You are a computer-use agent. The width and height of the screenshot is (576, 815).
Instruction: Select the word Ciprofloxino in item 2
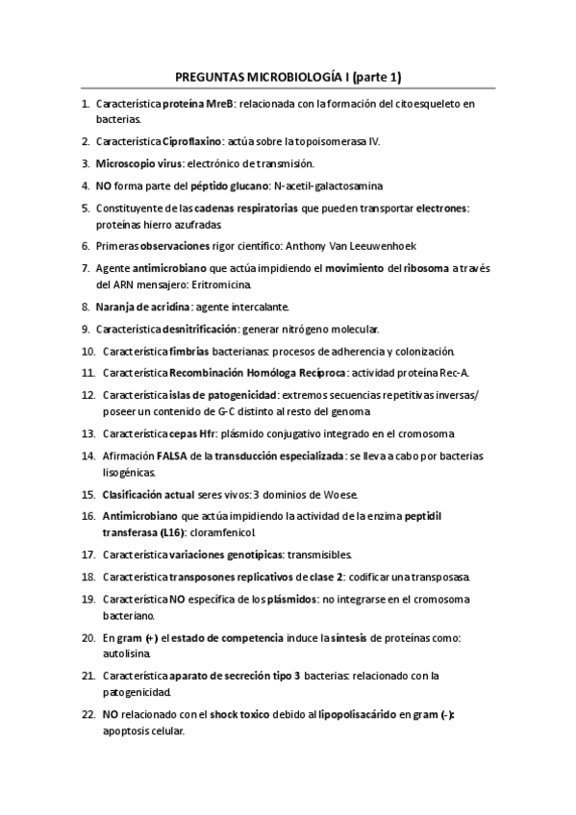tap(192, 141)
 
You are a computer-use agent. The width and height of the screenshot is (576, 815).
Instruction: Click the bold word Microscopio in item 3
tap(127, 163)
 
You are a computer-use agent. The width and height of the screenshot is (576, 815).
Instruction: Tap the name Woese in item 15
tap(340, 494)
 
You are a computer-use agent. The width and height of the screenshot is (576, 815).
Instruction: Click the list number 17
tap(88, 555)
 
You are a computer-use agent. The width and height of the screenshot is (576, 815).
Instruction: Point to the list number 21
tap(88, 676)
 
